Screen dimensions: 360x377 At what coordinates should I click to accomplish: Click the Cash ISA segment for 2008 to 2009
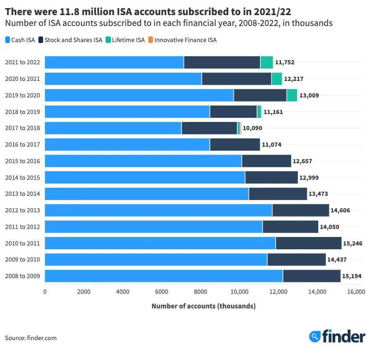coord(163,276)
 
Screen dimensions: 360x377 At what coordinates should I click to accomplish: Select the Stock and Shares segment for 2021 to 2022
coord(222,62)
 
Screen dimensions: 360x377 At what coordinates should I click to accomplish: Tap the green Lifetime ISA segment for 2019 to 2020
coord(292,95)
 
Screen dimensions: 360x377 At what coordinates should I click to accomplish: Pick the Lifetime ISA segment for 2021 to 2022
coord(267,62)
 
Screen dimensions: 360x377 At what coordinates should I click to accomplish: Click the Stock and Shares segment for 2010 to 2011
coord(308,243)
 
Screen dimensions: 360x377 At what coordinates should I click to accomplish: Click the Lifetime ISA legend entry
coord(125,40)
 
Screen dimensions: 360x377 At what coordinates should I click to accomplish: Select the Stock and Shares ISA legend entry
coord(71,40)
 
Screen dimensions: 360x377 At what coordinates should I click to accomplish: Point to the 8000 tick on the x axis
coord(200,292)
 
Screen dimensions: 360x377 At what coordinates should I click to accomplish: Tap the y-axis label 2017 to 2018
coord(22,128)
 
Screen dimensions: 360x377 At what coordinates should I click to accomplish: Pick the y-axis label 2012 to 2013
coord(22,210)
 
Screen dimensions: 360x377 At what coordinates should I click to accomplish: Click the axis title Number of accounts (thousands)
coord(203,306)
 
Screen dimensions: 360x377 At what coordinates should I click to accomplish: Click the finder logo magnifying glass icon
coord(315,336)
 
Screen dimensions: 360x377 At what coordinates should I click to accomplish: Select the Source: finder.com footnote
coord(31,338)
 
